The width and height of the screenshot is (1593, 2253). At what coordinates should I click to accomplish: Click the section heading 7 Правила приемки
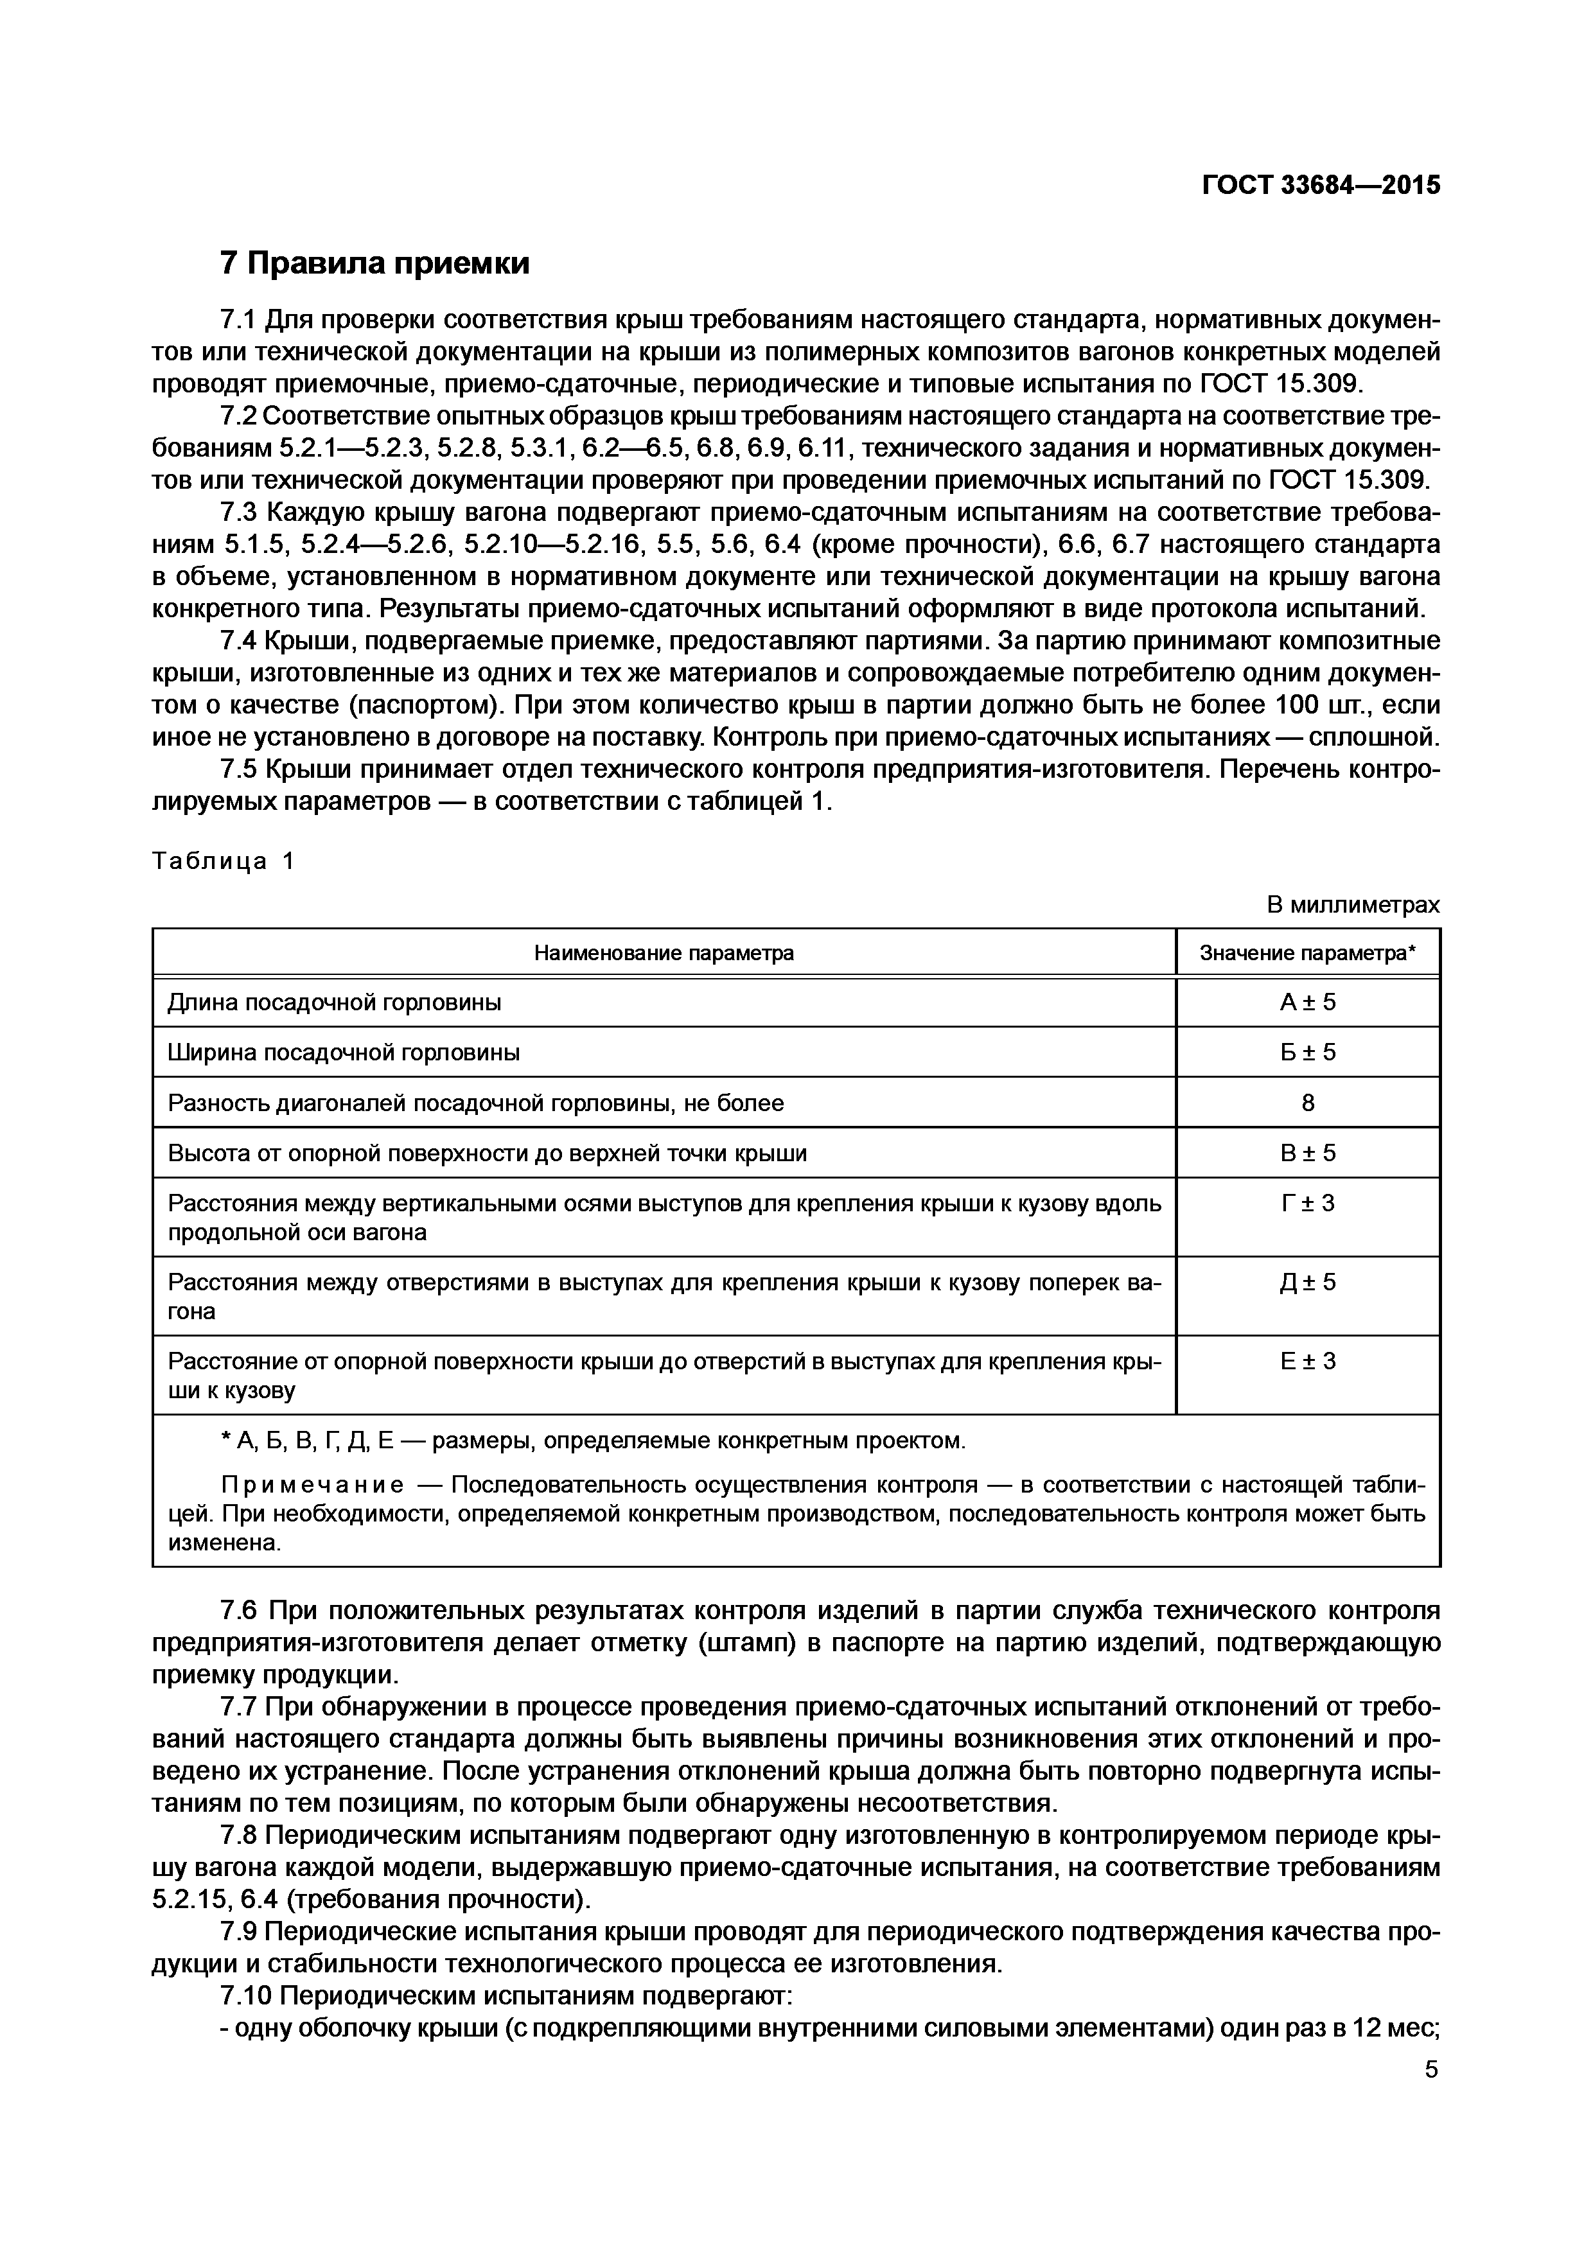click(374, 263)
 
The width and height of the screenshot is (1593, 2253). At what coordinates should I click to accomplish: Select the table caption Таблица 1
click(224, 861)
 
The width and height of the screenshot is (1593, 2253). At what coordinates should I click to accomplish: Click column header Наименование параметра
click(664, 953)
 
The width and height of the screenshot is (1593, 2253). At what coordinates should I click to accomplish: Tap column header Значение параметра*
click(1307, 953)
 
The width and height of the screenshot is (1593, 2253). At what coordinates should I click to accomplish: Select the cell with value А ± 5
click(1307, 1002)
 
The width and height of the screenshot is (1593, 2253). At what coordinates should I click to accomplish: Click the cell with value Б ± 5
click(1307, 1052)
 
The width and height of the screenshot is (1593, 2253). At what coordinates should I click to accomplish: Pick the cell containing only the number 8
click(1307, 1103)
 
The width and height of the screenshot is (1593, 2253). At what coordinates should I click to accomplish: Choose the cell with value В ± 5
click(1307, 1153)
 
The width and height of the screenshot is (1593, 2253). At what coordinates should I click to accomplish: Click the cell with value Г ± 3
click(1307, 1203)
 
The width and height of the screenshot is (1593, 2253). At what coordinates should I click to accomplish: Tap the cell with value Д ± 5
click(1307, 1283)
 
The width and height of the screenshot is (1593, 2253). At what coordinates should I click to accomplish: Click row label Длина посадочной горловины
click(335, 1002)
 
